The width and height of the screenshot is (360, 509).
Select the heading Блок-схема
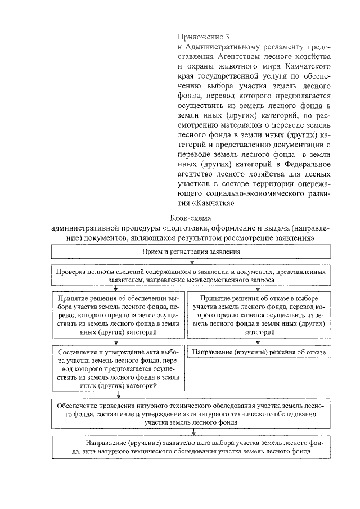point(192,219)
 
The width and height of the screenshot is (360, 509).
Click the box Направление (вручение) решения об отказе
point(259,352)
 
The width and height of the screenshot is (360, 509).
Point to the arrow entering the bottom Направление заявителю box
point(193,432)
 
